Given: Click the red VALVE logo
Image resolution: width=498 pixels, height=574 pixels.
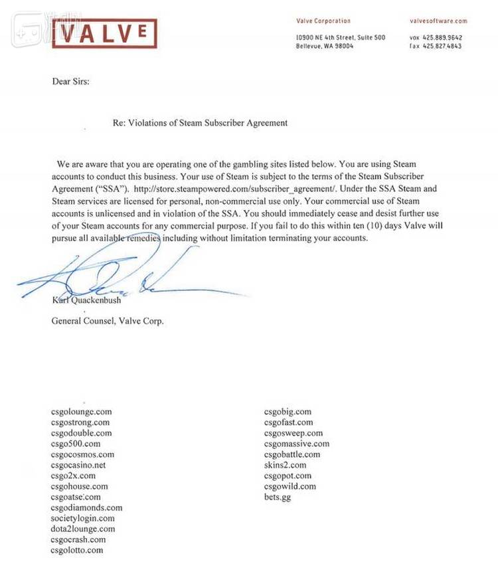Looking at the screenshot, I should pos(104,33).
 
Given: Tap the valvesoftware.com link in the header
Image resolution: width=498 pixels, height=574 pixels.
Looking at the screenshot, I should pos(438,21).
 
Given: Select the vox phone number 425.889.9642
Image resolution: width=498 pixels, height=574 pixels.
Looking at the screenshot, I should pos(446,38).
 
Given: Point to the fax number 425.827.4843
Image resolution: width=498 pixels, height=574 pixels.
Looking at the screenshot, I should pos(446,47).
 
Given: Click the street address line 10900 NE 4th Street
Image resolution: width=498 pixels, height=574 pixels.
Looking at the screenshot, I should pos(340,38).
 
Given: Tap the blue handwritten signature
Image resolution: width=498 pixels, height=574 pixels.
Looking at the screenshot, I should pos(133,279).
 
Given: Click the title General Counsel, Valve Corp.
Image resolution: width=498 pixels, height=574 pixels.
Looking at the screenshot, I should pos(108,321).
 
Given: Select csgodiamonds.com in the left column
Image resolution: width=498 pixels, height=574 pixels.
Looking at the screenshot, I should pos(86,508).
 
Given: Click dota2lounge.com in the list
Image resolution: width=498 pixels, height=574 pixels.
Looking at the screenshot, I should pos(83,529).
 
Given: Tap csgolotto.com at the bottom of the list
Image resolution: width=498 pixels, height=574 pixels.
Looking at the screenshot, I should pos(77,550).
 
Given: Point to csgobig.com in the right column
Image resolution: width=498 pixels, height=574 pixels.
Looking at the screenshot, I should pos(288,412).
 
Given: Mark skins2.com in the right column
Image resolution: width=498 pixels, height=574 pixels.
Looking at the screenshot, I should pos(285,465).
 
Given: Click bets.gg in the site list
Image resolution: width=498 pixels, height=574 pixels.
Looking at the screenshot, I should pos(278,497).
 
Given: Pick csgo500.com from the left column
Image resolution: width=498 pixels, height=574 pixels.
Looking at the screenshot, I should pos(76,444).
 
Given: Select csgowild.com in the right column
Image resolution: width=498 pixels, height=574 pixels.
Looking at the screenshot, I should pos(290,486).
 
